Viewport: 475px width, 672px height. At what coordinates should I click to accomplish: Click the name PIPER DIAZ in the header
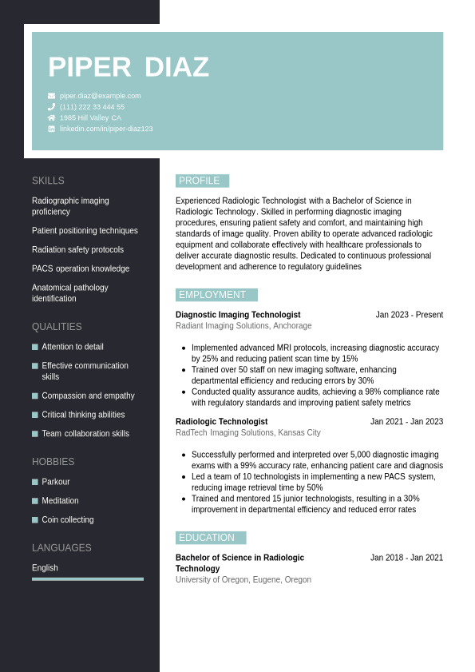[x=129, y=67]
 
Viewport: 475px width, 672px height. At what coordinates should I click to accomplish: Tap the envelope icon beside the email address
[x=52, y=96]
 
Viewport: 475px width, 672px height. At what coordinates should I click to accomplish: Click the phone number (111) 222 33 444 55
[x=92, y=107]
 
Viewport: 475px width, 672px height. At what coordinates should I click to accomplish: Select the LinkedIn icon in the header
[x=52, y=129]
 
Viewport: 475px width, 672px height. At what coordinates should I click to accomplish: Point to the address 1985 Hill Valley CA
[x=90, y=117]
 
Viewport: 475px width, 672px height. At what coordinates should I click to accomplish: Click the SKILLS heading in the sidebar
[x=48, y=181]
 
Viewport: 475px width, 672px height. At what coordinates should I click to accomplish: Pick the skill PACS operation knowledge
[x=81, y=268]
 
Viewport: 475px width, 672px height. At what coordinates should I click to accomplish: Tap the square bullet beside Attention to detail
[x=35, y=347]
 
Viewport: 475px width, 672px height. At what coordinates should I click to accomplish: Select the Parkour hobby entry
[x=56, y=482]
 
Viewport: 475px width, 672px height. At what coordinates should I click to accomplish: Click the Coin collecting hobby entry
[x=68, y=519]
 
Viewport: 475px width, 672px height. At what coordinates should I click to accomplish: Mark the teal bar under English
[x=88, y=579]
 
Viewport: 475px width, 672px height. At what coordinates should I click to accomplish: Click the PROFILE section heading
[x=199, y=181]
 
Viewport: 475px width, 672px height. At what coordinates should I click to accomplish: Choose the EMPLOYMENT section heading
[x=212, y=295]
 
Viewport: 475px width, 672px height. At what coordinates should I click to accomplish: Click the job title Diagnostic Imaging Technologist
[x=238, y=315]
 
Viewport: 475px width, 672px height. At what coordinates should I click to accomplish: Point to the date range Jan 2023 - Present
[x=410, y=315]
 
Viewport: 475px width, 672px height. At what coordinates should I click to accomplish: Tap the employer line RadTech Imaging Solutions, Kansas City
[x=248, y=432]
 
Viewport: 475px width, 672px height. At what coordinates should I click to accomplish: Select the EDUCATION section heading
[x=207, y=538]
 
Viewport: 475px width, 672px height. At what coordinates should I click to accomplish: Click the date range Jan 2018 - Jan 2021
[x=406, y=558]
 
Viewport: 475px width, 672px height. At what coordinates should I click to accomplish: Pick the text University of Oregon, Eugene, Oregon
[x=243, y=579]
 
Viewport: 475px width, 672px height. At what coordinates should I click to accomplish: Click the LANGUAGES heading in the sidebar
[x=61, y=548]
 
